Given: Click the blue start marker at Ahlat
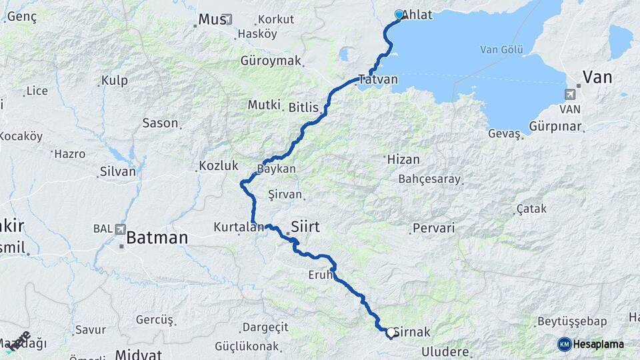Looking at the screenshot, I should tap(399, 14).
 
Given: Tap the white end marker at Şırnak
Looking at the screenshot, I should tap(391, 331).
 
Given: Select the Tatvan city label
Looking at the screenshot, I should tap(378, 79).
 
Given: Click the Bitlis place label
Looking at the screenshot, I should tap(305, 107).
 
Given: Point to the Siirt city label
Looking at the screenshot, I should tap(306, 227).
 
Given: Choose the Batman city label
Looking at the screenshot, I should tap(157, 237).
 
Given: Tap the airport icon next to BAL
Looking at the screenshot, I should tap(120, 229).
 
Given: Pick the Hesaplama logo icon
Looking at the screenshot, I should tap(565, 344).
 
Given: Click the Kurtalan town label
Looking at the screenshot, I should tap(239, 227).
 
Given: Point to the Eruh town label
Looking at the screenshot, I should tap(319, 275).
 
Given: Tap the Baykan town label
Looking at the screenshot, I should tap(277, 169).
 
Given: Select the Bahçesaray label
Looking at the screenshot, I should tap(429, 179).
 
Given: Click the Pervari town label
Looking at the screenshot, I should tap(433, 228).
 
